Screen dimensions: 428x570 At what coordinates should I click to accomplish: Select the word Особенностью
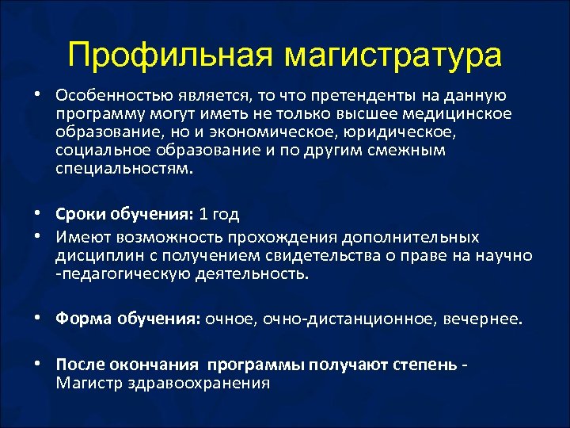coord(108,95)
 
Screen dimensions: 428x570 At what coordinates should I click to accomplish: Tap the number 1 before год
coord(203,214)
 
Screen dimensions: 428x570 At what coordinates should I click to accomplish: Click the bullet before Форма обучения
coord(38,319)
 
